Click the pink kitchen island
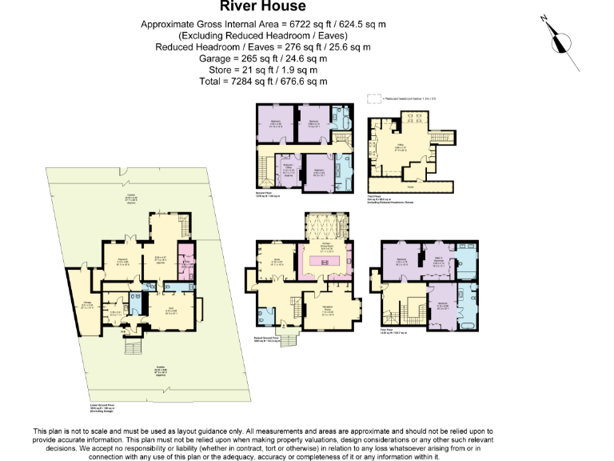click(x=327, y=260)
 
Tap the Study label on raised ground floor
click(x=277, y=261)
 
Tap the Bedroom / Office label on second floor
click(x=289, y=169)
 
